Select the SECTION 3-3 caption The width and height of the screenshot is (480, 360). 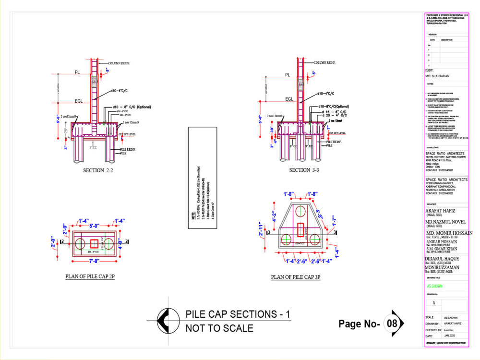point(306,170)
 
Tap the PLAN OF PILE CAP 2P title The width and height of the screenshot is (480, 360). point(90,277)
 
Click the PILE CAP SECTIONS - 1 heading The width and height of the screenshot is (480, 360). point(238,314)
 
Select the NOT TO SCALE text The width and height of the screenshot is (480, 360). point(219,329)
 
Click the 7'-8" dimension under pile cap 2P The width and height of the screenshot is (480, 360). point(94,261)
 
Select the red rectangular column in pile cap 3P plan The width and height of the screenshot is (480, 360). point(300,230)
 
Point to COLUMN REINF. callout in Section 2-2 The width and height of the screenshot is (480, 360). point(120,63)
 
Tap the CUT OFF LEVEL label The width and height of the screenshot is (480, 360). point(127,134)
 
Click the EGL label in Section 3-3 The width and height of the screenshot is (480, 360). point(289,99)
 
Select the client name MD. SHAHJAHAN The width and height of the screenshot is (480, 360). point(437,76)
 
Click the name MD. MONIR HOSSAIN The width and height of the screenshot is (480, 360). point(449,233)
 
